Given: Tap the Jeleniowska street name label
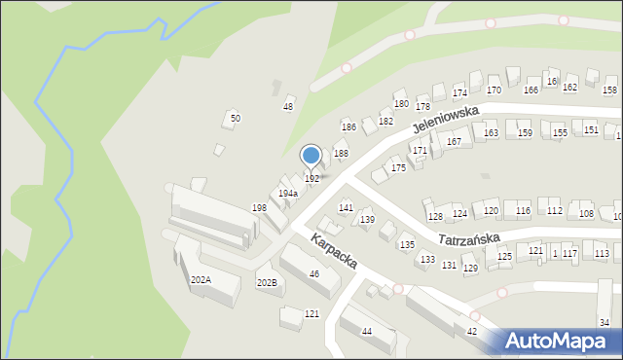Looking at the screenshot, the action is click(x=446, y=120).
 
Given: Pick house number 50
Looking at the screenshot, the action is click(x=235, y=119).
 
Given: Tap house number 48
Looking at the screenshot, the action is click(x=288, y=106).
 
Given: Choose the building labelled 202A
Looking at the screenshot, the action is click(x=201, y=280).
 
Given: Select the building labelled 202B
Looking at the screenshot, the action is click(x=267, y=282).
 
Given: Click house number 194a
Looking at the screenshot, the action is click(x=287, y=194).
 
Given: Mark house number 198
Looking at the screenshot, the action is click(x=259, y=208).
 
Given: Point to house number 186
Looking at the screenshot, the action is click(x=348, y=127).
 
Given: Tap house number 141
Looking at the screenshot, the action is click(x=346, y=208).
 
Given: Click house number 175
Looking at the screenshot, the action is click(x=398, y=168).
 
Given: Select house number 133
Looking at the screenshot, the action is click(x=427, y=260).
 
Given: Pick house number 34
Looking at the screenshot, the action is click(x=605, y=322).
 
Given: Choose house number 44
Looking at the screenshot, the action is click(x=367, y=332).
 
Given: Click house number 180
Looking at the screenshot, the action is click(x=400, y=103).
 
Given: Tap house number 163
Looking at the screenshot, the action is click(x=492, y=133).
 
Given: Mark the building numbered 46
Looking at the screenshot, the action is click(x=314, y=274).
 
